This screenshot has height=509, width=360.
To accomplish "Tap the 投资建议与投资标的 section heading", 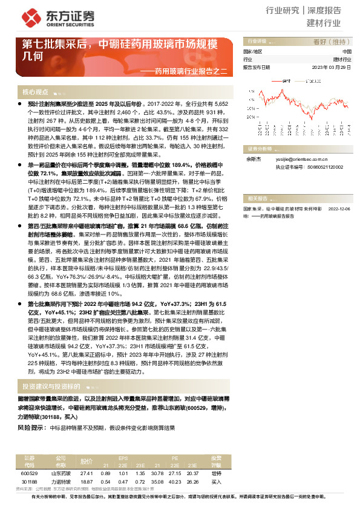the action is [51, 386].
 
